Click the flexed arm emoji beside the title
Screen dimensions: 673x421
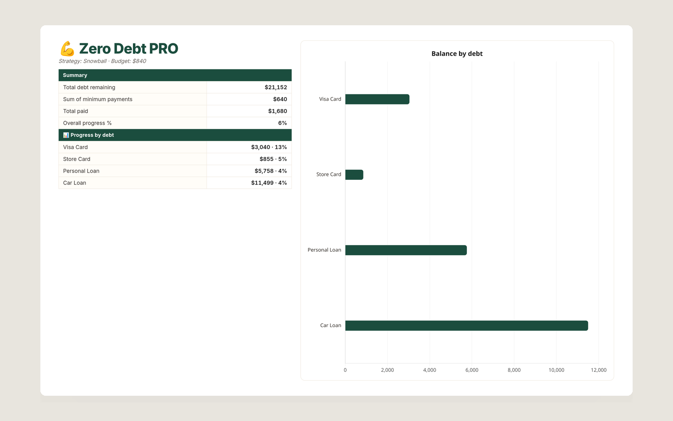pyautogui.click(x=67, y=49)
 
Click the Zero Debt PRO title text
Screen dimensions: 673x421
pyautogui.click(x=129, y=48)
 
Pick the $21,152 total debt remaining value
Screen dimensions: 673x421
pyautogui.click(x=276, y=87)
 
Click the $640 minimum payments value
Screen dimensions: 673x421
pyautogui.click(x=280, y=99)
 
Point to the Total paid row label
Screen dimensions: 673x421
pyautogui.click(x=75, y=111)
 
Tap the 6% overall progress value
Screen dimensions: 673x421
pyautogui.click(x=282, y=123)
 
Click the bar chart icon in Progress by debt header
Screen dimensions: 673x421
pyautogui.click(x=66, y=135)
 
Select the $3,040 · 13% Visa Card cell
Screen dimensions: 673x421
pyautogui.click(x=269, y=147)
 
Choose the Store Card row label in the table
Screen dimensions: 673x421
pyautogui.click(x=77, y=159)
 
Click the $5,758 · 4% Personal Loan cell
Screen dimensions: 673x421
pyautogui.click(x=271, y=171)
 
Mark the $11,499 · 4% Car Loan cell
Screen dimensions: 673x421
pyautogui.click(x=269, y=183)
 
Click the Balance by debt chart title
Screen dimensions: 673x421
pyautogui.click(x=457, y=53)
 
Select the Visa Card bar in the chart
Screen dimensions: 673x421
pyautogui.click(x=377, y=99)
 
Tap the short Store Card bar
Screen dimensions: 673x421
pyautogui.click(x=354, y=175)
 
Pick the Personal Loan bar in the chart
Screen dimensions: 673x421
pyautogui.click(x=406, y=250)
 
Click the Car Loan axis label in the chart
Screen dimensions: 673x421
pyautogui.click(x=331, y=325)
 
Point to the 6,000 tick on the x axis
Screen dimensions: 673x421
pyautogui.click(x=472, y=370)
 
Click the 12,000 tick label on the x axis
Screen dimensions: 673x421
pyautogui.click(x=599, y=370)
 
